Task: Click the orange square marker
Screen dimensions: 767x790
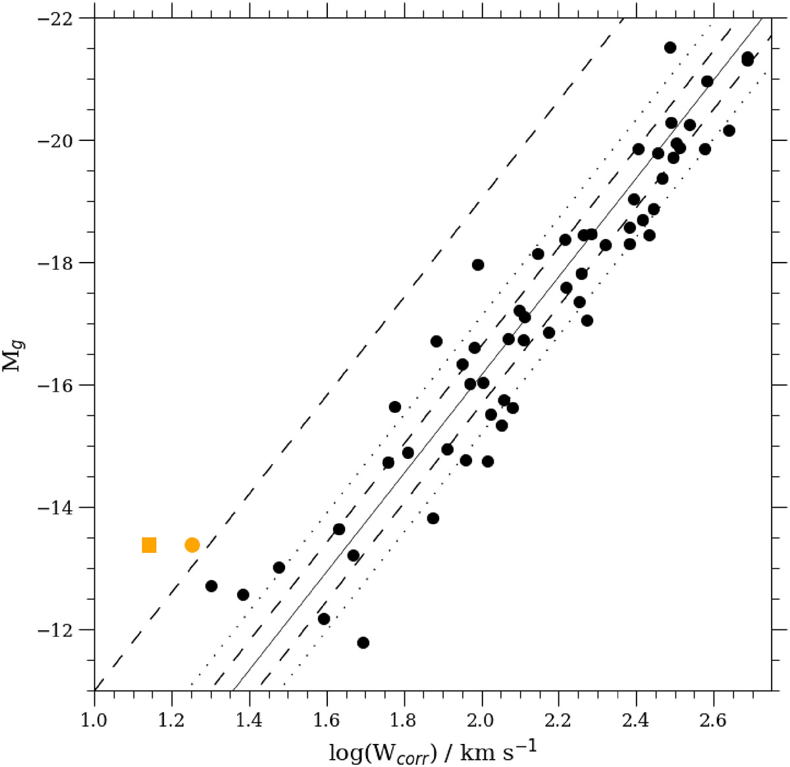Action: pyautogui.click(x=149, y=545)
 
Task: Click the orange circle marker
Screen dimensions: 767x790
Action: pyautogui.click(x=192, y=545)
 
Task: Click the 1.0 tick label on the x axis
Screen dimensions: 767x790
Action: pyautogui.click(x=94, y=714)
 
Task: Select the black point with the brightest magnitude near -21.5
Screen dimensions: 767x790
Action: pyautogui.click(x=670, y=47)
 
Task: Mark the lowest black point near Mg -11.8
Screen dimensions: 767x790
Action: pyautogui.click(x=363, y=643)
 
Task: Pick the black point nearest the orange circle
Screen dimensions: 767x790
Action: pyautogui.click(x=211, y=586)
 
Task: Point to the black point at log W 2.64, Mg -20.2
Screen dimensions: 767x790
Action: pyautogui.click(x=729, y=130)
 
